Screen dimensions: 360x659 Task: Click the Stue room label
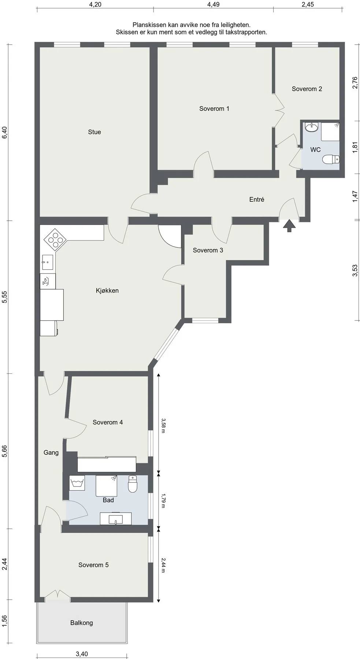pyautogui.click(x=94, y=132)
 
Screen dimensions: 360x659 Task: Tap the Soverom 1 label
pyautogui.click(x=214, y=109)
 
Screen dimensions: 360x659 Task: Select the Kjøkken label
pyautogui.click(x=107, y=291)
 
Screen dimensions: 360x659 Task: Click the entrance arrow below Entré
pyautogui.click(x=289, y=226)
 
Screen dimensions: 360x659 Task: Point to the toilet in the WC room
pyautogui.click(x=331, y=160)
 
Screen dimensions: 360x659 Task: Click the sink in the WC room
pyautogui.click(x=312, y=127)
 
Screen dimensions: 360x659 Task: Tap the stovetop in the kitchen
pyautogui.click(x=55, y=240)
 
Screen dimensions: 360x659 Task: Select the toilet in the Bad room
pyautogui.click(x=132, y=484)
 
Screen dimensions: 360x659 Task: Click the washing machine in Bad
pyautogui.click(x=77, y=483)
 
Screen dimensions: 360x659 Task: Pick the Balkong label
pyautogui.click(x=82, y=623)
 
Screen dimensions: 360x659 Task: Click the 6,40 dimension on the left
pyautogui.click(x=4, y=133)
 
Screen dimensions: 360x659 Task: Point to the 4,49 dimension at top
pyautogui.click(x=214, y=4)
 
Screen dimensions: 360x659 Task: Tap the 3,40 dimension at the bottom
pyautogui.click(x=82, y=654)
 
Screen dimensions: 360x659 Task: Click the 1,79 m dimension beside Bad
pyautogui.click(x=163, y=500)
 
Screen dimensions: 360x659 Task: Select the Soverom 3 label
pyautogui.click(x=208, y=250)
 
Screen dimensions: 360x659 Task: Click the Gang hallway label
pyautogui.click(x=51, y=453)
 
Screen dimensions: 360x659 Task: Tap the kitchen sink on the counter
pyautogui.click(x=48, y=262)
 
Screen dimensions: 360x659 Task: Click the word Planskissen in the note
pyautogui.click(x=149, y=25)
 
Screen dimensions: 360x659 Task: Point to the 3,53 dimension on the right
pyautogui.click(x=355, y=271)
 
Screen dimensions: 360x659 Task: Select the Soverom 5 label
pyautogui.click(x=93, y=565)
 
